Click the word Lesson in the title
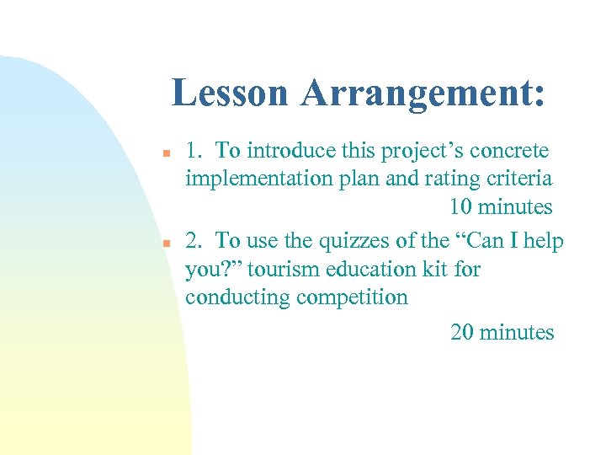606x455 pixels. click(x=230, y=94)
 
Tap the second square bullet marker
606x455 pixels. click(x=167, y=243)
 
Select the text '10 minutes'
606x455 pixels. click(x=500, y=207)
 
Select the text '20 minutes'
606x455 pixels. click(x=502, y=333)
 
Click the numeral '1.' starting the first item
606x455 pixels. click(x=194, y=152)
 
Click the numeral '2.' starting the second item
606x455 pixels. click(x=194, y=241)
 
